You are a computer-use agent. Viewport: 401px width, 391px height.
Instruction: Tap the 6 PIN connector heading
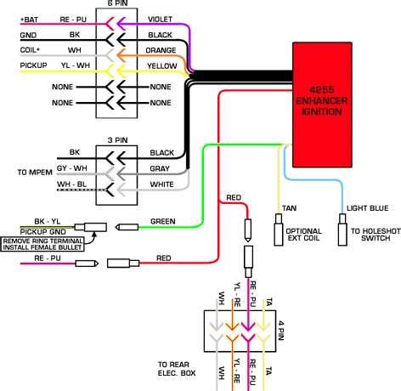(x=119, y=3)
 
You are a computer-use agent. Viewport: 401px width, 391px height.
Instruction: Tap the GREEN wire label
(x=162, y=222)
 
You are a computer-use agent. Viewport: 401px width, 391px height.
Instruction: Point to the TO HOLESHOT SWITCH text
(x=373, y=236)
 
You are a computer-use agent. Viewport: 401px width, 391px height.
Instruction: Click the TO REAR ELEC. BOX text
(x=175, y=366)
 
